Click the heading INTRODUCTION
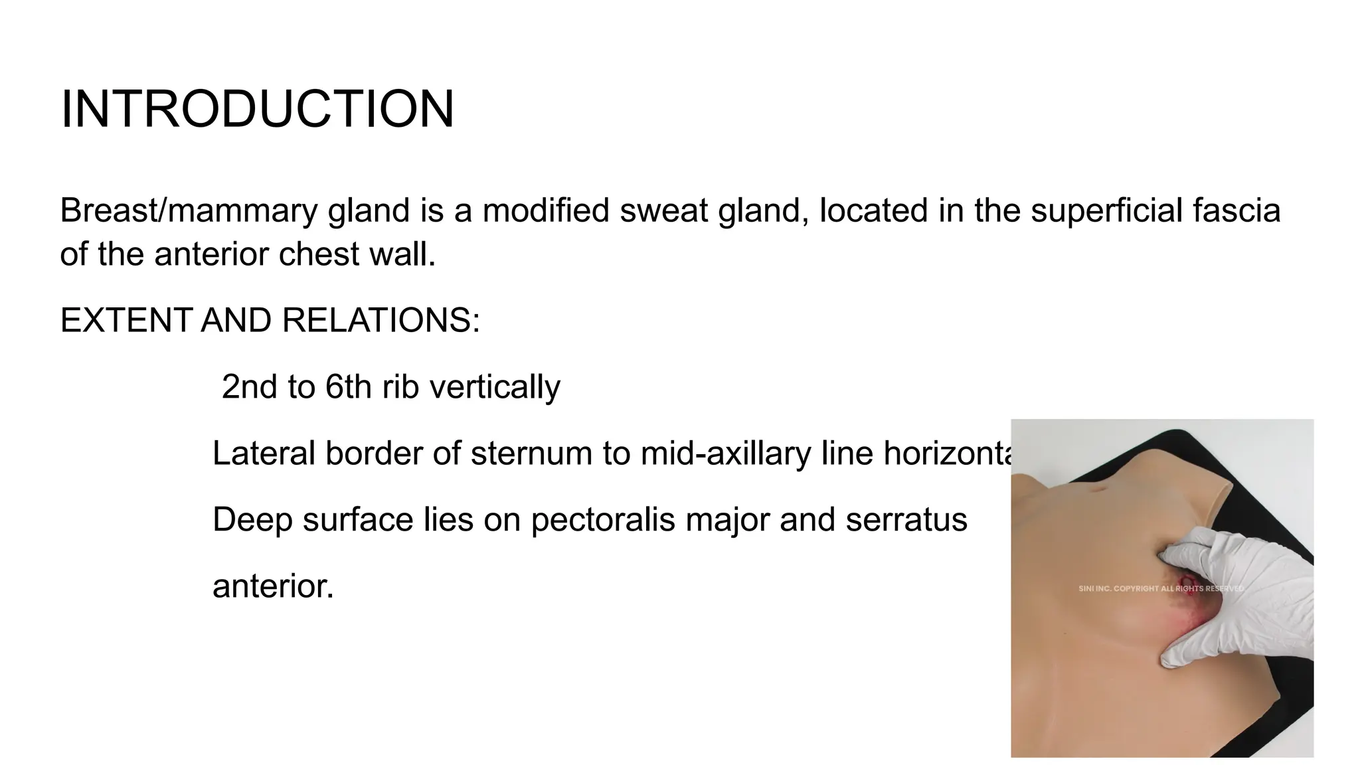point(257,109)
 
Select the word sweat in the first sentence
point(664,211)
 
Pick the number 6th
point(349,386)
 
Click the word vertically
point(495,386)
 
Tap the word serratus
point(906,519)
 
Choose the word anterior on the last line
point(273,586)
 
